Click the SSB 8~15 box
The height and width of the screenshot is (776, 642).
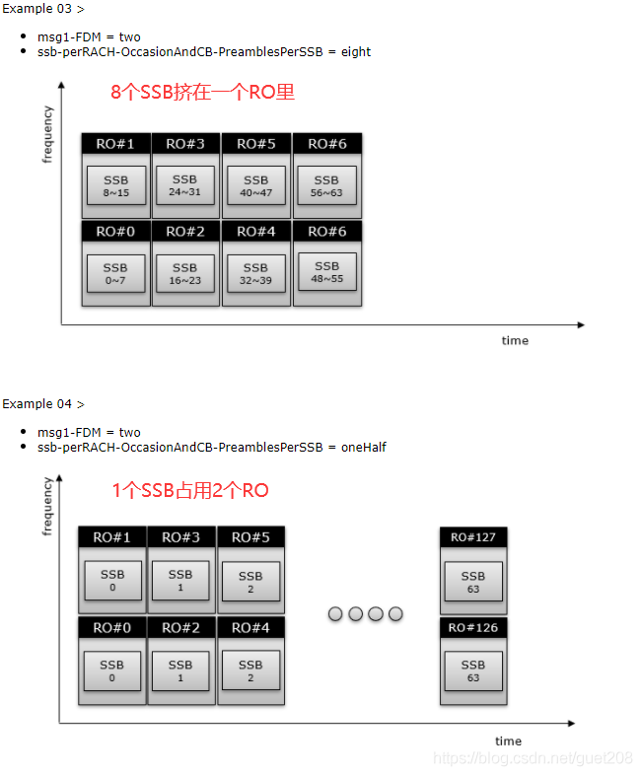[116, 185]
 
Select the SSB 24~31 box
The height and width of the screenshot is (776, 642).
[185, 185]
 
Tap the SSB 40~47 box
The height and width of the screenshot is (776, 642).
[255, 185]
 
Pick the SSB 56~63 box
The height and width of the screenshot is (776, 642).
[326, 185]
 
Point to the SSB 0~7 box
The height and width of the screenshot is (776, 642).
[115, 274]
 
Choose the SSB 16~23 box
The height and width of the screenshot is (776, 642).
[185, 274]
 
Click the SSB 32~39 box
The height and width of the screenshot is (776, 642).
[255, 274]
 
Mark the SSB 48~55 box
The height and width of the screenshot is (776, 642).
[327, 272]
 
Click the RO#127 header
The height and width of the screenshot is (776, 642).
[473, 537]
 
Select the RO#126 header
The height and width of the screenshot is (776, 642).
[473, 627]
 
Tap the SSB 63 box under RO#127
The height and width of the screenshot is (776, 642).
[473, 582]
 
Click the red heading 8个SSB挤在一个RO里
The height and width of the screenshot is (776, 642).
[202, 92]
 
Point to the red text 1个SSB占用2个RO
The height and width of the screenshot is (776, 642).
[190, 490]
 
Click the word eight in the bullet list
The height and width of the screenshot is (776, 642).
[356, 52]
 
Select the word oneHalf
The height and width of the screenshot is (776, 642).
[363, 448]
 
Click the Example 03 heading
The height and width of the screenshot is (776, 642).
[43, 9]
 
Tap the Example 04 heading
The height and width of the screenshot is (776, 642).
[43, 404]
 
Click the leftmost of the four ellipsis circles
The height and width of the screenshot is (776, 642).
[335, 614]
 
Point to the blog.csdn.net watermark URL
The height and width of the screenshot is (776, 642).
[534, 758]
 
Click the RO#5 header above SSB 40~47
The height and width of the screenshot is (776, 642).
[256, 144]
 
